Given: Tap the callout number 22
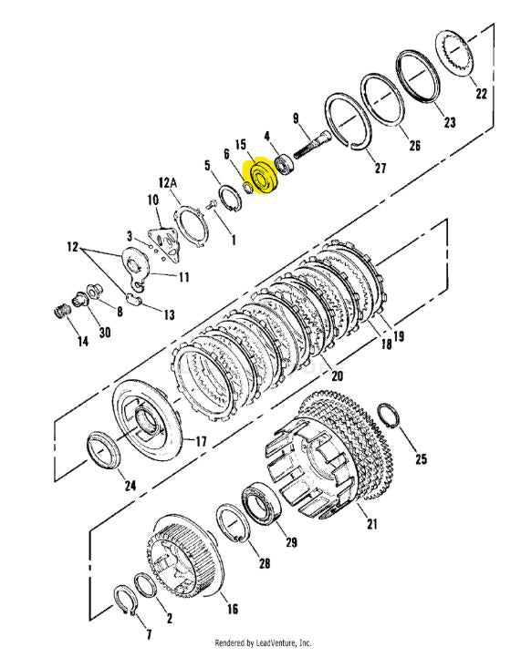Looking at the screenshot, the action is tap(481, 93).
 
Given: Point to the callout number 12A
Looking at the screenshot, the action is tap(168, 183).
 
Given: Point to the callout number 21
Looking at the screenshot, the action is tap(372, 524).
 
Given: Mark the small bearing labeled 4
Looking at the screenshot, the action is tap(284, 163).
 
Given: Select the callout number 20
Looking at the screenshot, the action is tap(337, 375).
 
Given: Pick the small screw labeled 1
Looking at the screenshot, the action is tap(211, 205).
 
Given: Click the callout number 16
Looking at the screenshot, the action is tap(232, 609).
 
